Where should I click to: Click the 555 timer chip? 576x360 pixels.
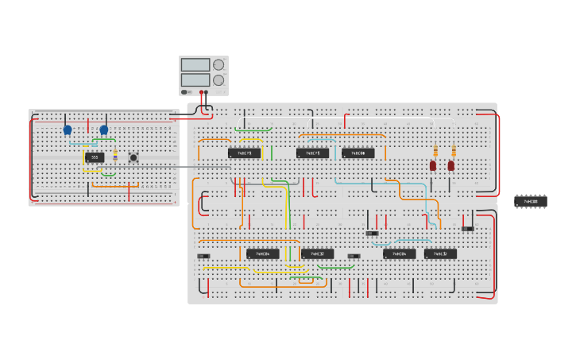[95, 157]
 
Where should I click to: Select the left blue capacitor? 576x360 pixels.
[68, 130]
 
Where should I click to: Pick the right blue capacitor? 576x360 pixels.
[103, 130]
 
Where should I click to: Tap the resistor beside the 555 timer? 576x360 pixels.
[115, 155]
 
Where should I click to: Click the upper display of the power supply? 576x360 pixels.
[195, 65]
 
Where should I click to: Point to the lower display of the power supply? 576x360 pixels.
[195, 80]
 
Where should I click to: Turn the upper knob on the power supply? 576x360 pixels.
[218, 65]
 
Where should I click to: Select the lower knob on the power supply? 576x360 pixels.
[218, 80]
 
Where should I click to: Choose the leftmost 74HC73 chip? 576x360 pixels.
[244, 153]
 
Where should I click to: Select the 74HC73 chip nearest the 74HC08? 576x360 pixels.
[312, 153]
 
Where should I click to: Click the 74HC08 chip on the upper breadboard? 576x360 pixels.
[358, 153]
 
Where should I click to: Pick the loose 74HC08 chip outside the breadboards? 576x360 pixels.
[530, 202]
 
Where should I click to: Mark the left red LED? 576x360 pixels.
[433, 166]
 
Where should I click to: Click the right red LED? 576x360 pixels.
[451, 166]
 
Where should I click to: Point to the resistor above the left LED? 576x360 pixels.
[435, 151]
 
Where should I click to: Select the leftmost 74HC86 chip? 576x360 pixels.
[262, 254]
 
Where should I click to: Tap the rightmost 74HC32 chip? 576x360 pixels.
[440, 254]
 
